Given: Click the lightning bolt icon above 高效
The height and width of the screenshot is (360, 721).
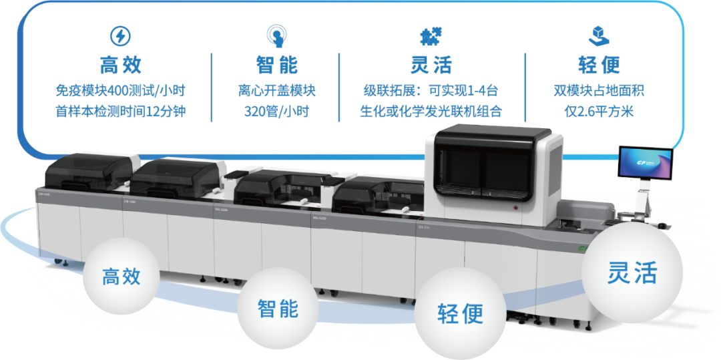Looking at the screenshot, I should pos(120,35).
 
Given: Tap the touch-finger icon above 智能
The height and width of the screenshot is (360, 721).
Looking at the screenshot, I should pos(276,34).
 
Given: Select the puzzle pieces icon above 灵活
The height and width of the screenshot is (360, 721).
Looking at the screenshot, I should pos(431,35).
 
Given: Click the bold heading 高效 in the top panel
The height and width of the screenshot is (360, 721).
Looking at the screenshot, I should pos(121,65).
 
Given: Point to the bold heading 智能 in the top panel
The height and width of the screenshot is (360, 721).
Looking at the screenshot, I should pos(276,65).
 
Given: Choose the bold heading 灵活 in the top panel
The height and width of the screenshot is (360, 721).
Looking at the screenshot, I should pos(431,65).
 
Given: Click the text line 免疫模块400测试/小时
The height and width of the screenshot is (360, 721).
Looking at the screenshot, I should pos(121,90).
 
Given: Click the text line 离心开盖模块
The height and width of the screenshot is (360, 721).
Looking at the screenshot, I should pos(276,90).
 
